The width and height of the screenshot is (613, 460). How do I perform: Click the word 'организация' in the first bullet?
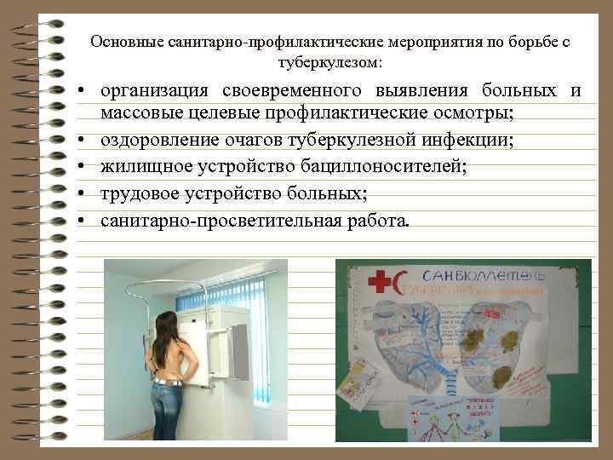[157, 91]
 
